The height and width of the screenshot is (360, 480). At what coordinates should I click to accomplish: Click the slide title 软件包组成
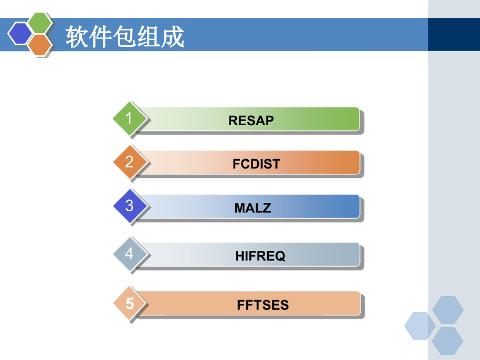pyautogui.click(x=125, y=37)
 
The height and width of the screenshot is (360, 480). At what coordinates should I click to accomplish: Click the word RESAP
pyautogui.click(x=251, y=121)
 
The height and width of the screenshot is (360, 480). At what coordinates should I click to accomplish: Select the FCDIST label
pyautogui.click(x=256, y=164)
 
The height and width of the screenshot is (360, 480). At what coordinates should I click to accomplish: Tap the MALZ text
pyautogui.click(x=253, y=208)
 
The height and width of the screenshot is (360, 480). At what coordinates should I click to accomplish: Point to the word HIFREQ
pyautogui.click(x=260, y=256)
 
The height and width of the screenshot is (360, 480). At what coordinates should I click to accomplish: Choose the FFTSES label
pyautogui.click(x=263, y=305)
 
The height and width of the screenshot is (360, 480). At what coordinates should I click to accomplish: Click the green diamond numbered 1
pyautogui.click(x=129, y=118)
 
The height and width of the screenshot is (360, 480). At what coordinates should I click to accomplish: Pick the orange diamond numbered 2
pyautogui.click(x=129, y=162)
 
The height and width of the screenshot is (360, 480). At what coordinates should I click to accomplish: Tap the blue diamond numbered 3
pyautogui.click(x=129, y=206)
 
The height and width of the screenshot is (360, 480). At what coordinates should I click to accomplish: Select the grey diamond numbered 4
pyautogui.click(x=129, y=254)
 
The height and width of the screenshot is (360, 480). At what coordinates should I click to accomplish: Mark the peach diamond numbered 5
pyautogui.click(x=129, y=303)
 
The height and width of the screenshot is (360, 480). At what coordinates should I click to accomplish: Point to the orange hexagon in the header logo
pyautogui.click(x=40, y=45)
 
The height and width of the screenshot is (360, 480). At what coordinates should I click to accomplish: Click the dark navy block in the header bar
pyautogui.click(x=453, y=34)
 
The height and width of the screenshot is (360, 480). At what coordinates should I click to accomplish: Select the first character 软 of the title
pyautogui.click(x=76, y=37)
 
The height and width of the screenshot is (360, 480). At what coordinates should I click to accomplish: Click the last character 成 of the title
pyautogui.click(x=173, y=37)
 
